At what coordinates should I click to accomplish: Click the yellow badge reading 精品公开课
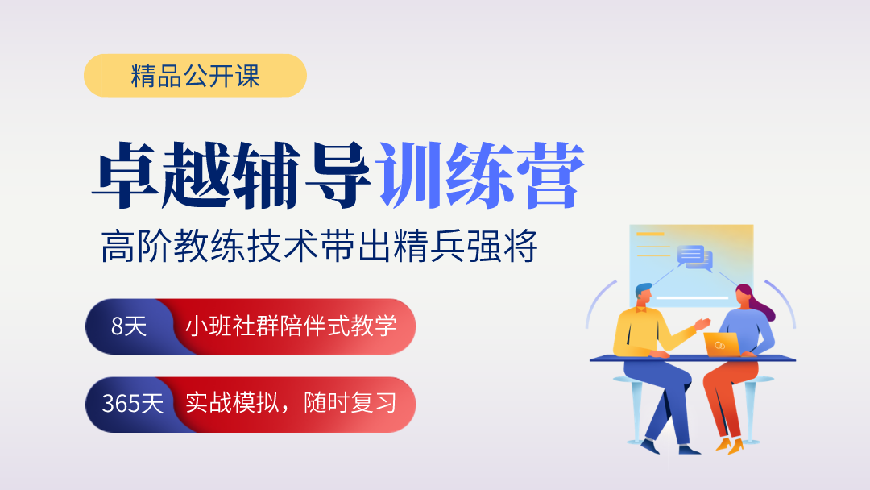195,76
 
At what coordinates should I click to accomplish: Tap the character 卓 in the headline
126,176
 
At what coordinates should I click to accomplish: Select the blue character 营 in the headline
550,176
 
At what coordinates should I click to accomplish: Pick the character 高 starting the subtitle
118,246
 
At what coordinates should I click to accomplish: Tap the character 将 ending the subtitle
521,246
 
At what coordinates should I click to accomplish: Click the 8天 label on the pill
129,326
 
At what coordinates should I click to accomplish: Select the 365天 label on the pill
133,404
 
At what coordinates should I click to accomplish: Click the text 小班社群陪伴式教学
292,326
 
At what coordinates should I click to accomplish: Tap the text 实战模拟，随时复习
292,403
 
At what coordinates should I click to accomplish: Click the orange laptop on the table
722,345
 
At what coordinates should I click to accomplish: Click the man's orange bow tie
642,309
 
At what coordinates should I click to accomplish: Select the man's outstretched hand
703,323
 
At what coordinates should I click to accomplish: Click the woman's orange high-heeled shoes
730,446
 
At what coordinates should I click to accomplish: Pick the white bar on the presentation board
692,298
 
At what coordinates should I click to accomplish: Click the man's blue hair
643,289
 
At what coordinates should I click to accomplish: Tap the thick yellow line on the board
650,235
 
